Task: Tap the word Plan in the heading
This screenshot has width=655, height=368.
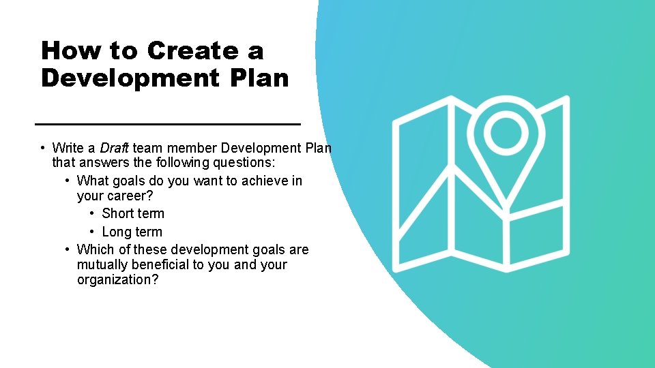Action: pos(259,78)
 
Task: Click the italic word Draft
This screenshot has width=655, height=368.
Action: pos(115,148)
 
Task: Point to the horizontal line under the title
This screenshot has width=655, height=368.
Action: pos(167,124)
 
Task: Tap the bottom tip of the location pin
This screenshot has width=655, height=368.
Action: pos(506,205)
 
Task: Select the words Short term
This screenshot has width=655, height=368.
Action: pos(133,213)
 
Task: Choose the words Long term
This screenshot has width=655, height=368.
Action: pos(132,232)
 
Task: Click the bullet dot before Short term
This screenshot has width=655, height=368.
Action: pos(93,214)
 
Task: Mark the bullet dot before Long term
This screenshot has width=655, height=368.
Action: pos(93,232)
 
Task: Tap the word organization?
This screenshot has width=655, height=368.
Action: pos(117,280)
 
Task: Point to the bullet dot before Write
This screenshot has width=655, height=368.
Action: pos(43,148)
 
